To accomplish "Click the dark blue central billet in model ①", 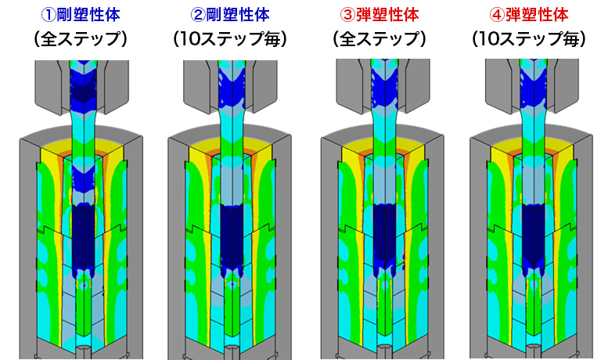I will click(x=81, y=235).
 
